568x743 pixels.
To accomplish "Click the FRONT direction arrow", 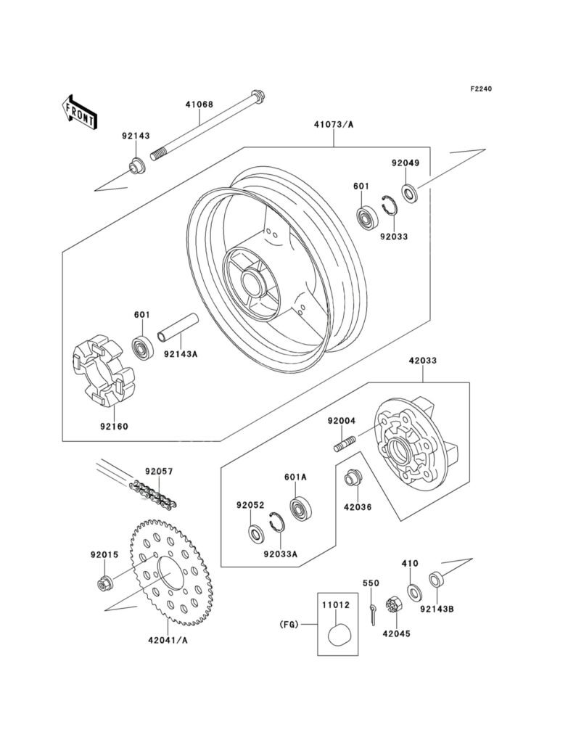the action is point(78,112).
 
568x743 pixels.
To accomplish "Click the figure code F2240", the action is point(481,89).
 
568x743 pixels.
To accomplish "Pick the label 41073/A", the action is point(334,125).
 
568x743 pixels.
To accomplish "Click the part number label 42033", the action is point(423,361).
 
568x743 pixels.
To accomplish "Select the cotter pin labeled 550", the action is point(374,613).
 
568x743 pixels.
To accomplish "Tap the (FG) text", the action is point(289,625).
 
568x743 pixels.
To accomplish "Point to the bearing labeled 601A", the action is point(300,509).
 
